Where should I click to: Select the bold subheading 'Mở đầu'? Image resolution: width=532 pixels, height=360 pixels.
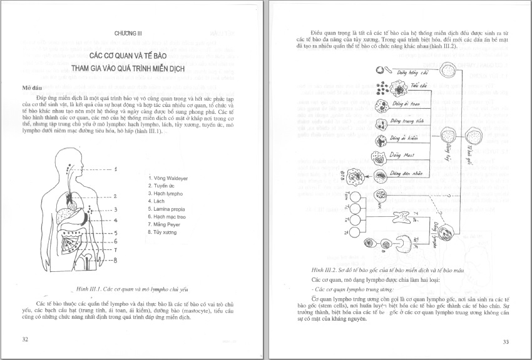32,88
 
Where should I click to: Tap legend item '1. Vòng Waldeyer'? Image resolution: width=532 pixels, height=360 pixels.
168,178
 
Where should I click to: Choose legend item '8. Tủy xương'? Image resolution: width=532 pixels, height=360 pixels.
163,232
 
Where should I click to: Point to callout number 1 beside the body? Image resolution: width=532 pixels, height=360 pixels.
116,169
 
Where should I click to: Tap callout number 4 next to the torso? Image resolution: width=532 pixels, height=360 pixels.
116,220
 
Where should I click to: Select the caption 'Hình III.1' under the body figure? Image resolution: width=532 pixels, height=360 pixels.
131,289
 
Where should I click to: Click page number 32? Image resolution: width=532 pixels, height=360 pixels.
25,339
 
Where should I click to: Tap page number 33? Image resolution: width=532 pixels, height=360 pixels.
506,341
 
